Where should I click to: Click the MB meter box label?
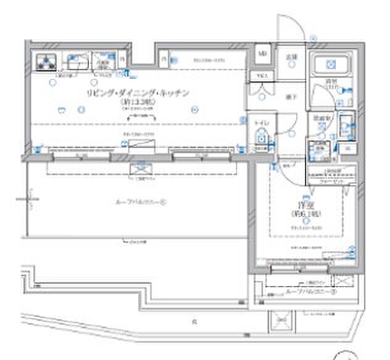pyautogui.click(x=262, y=54)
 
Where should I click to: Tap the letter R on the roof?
pyautogui.click(x=194, y=322)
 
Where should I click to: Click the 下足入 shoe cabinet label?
pyautogui.click(x=262, y=76)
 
